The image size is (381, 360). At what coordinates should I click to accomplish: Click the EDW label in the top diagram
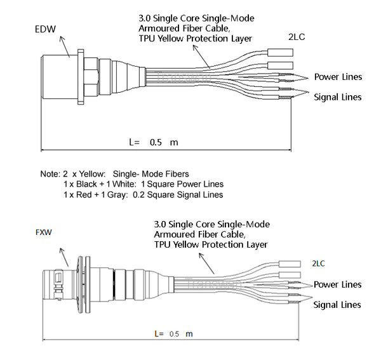[x=45, y=29]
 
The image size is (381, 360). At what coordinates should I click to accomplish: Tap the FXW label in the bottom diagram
[x=43, y=233]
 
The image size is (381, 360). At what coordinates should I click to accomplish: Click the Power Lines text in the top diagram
[x=338, y=77]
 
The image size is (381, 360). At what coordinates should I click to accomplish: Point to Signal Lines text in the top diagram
[x=338, y=97]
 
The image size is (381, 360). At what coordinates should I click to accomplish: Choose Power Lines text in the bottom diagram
[x=337, y=284]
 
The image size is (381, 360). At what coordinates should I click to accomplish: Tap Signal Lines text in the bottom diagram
[x=337, y=305]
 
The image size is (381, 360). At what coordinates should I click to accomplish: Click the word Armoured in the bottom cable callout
[x=173, y=234]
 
